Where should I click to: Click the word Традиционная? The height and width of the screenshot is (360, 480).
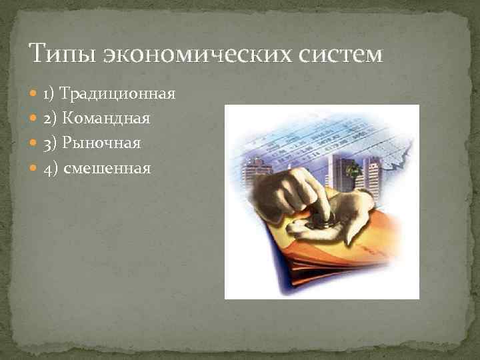[x=117, y=94]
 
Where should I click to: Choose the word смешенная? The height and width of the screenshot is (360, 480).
[x=107, y=168]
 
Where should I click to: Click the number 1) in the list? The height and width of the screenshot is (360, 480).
[x=49, y=94]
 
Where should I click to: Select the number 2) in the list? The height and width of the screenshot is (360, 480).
[x=51, y=119]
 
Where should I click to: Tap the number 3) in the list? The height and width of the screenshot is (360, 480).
[x=51, y=143]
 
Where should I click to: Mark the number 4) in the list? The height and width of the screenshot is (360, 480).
[x=51, y=168]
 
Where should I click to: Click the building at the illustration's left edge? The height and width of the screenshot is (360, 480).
[x=251, y=172]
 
